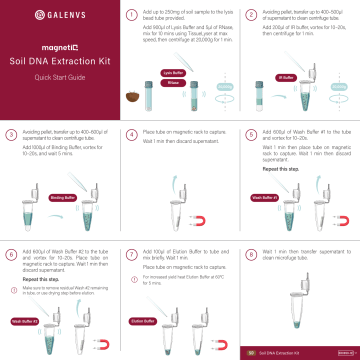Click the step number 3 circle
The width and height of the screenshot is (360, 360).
(10, 133)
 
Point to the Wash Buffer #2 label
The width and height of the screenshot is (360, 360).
(23, 321)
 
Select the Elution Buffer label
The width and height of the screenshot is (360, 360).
(143, 321)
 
